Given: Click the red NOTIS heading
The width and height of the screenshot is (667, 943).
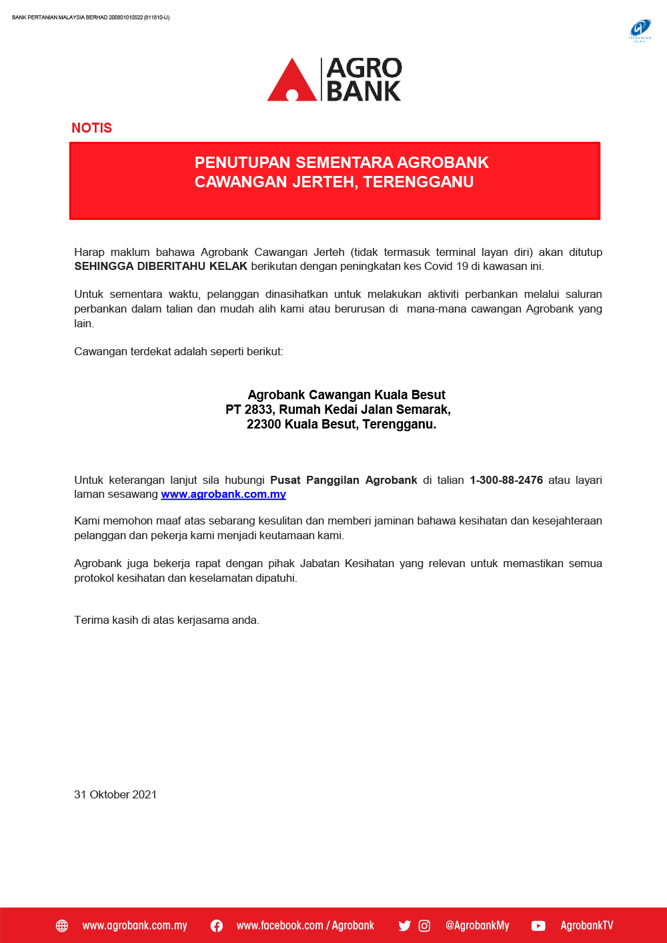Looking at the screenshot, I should (x=91, y=128).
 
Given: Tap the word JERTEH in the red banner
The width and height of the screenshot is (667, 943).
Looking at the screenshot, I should (x=322, y=182).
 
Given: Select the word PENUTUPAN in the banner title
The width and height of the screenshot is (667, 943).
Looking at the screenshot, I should (x=242, y=163).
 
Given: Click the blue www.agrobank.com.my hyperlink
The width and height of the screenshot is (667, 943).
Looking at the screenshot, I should (x=223, y=494).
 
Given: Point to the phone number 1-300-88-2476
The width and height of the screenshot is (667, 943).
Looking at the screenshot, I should (x=506, y=480).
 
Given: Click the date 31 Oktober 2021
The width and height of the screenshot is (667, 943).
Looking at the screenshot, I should (x=115, y=794).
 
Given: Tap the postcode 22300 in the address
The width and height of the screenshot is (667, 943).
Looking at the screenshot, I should (x=263, y=425).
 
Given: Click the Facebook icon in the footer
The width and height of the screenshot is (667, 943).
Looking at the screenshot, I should (x=217, y=926).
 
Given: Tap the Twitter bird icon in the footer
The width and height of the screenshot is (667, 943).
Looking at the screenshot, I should (x=404, y=926).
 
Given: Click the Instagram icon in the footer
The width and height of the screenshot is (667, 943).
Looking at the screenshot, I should (x=424, y=926).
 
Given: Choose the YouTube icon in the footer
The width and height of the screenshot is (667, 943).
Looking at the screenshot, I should (x=538, y=926).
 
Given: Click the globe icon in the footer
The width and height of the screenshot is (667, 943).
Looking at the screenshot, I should (x=62, y=926).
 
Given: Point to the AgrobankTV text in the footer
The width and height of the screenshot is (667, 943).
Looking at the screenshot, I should (x=586, y=926).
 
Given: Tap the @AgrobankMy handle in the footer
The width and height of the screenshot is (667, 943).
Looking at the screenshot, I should (x=477, y=926).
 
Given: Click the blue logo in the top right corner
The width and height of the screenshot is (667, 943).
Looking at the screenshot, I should (x=640, y=29).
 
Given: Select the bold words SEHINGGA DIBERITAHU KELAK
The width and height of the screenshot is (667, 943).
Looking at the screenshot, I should (x=161, y=267).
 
